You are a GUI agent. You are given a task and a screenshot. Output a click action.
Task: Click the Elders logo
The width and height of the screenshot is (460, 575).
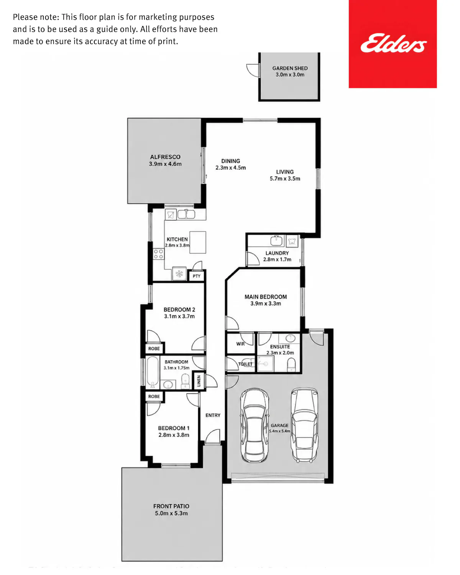tap(393, 43)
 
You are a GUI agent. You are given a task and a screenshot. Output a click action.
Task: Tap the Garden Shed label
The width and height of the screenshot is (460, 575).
tap(290, 68)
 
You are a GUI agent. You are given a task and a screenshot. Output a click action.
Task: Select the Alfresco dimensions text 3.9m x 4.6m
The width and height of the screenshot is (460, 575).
tap(165, 164)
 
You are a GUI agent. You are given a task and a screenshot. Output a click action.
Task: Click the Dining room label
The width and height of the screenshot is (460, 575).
tap(230, 161)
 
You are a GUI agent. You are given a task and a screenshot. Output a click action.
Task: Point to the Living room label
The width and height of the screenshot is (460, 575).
tap(285, 172)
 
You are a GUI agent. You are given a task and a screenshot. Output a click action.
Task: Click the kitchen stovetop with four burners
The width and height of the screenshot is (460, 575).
tap(158, 254)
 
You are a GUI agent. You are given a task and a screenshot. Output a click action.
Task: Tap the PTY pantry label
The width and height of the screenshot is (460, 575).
tap(196, 276)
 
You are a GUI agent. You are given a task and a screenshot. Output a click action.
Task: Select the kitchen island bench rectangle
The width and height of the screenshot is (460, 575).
tap(197, 242)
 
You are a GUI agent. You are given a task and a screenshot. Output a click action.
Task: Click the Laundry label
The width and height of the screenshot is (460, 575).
tap(277, 253)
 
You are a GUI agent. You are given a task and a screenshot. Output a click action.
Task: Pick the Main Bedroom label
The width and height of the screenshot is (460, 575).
tap(266, 297)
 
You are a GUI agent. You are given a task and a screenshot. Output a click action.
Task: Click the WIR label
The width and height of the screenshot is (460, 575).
tap(240, 344)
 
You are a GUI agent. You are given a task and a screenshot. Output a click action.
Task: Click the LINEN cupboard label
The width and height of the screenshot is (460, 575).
tap(199, 381)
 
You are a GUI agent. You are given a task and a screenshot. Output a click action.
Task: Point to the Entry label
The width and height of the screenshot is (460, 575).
tap(213, 415)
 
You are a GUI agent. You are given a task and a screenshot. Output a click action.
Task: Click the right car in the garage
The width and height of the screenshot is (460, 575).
tap(304, 425)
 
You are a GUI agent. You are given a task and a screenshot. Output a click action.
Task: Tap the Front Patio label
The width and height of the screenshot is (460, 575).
tap(171, 506)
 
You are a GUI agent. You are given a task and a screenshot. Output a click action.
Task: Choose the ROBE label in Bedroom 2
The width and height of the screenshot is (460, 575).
tap(154, 349)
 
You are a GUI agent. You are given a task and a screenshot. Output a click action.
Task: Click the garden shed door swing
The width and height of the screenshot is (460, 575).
tap(252, 71)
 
